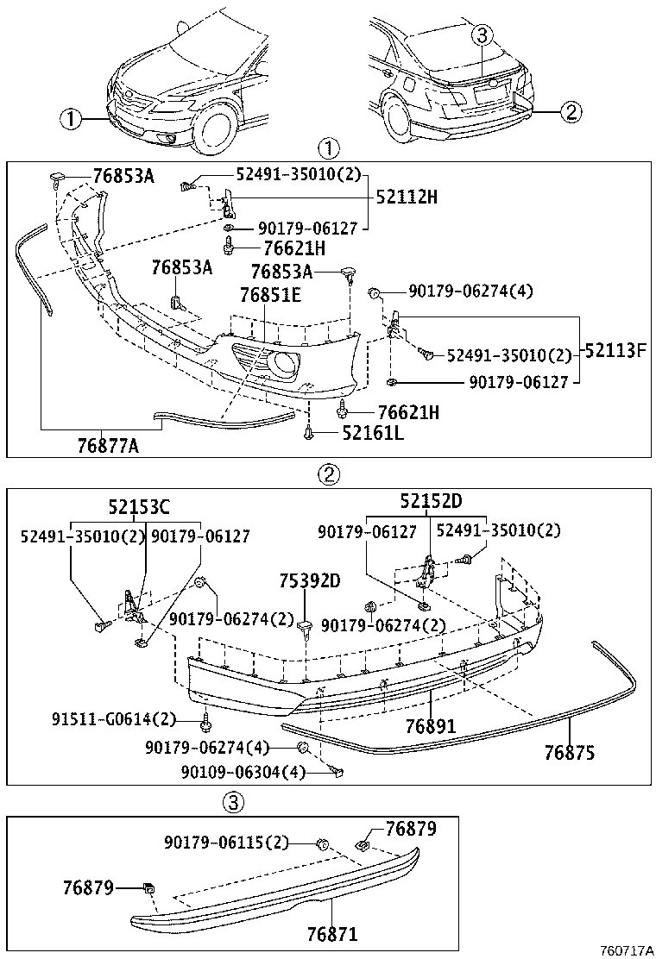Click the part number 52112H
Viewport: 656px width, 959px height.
pos(406,197)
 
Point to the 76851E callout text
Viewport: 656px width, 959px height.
pos(270,295)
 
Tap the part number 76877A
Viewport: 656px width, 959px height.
pos(108,445)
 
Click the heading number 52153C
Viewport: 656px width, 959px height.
pos(139,507)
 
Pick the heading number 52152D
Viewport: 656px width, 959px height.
pos(431,501)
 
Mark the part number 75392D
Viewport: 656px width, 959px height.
pos(309,580)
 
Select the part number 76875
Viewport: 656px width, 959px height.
pos(569,752)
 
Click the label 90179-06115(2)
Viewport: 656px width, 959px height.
pos(226,842)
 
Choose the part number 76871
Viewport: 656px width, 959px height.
pos(331,934)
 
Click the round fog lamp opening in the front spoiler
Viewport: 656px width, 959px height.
pos(282,366)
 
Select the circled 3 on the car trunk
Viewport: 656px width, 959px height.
pos(482,34)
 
